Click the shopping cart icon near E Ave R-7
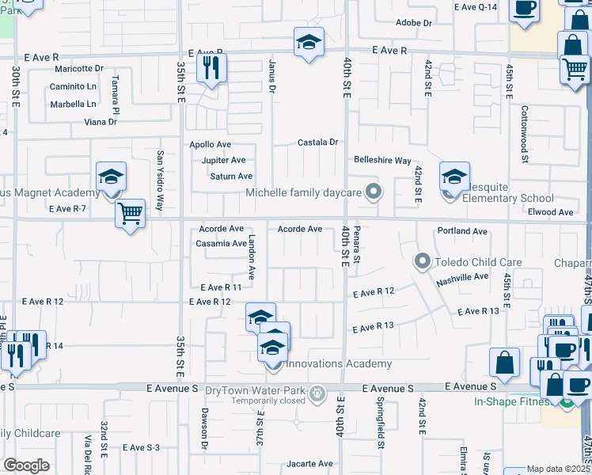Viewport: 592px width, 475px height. [130, 213]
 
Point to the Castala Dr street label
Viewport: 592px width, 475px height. [317, 142]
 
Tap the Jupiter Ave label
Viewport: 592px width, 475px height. [222, 160]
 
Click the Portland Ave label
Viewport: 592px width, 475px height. [462, 231]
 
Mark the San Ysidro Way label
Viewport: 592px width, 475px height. [160, 180]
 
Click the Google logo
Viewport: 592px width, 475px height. [26, 465]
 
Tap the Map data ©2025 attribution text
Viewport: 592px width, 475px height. [558, 469]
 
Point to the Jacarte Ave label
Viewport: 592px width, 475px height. [310, 464]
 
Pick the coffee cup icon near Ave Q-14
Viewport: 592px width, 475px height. [523, 8]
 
